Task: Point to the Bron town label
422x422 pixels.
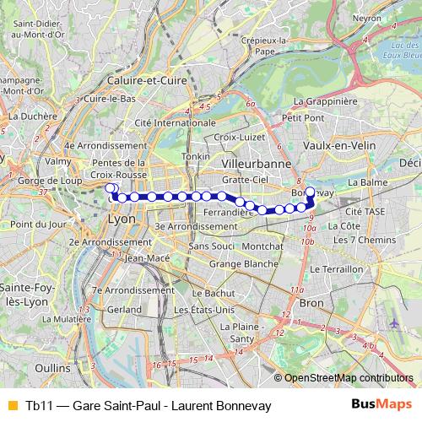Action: pos(311,301)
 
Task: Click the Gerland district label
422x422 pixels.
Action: pos(124,310)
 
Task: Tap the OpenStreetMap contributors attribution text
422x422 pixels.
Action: pos(349,377)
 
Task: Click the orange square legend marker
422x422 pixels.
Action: pos(12,406)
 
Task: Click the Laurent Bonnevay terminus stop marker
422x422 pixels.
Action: pos(310,192)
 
